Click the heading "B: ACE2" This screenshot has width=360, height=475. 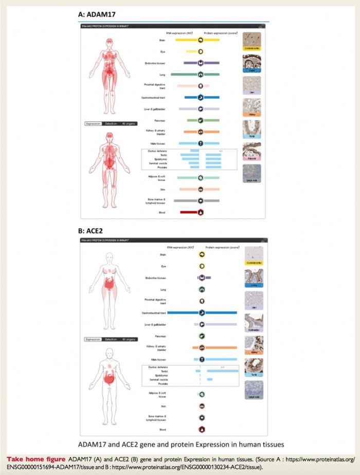point(91,231)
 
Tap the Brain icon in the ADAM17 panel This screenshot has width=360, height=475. point(201,40)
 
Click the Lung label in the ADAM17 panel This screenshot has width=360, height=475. point(162,75)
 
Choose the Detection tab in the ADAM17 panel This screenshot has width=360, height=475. point(111,123)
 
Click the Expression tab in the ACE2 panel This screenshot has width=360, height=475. point(93,339)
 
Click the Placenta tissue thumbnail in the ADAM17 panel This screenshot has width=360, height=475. point(252,152)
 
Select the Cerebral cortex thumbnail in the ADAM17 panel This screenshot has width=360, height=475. point(252,41)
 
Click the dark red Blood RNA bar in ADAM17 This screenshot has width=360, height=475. point(189,212)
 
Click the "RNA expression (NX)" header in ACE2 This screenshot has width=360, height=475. point(183,247)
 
